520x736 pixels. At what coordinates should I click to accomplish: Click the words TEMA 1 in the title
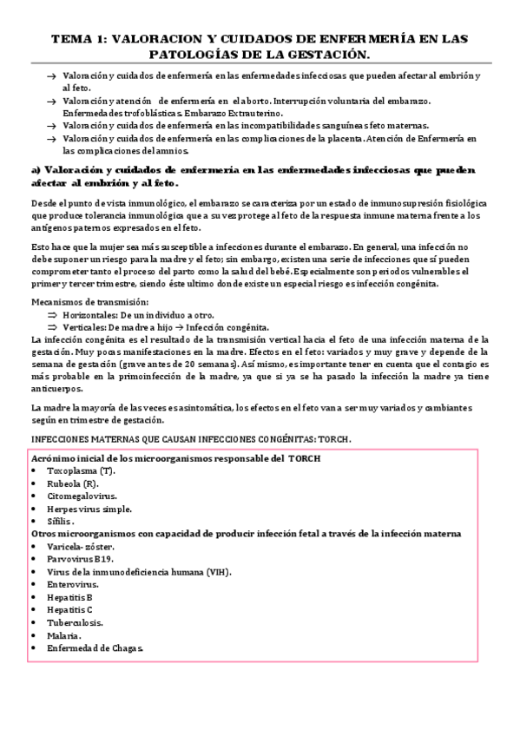[x=77, y=39]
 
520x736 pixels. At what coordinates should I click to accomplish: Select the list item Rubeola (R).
[x=74, y=483]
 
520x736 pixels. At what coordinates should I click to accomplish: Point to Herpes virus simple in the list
[x=89, y=509]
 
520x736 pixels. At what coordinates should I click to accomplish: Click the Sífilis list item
[x=63, y=521]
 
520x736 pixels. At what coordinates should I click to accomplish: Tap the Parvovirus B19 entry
[x=80, y=560]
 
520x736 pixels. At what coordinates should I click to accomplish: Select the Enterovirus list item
[x=73, y=585]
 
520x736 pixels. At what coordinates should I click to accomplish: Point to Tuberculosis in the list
[x=76, y=623]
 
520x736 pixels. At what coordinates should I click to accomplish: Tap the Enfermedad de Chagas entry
[x=95, y=648]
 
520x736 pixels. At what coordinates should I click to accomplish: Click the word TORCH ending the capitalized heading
[x=332, y=439]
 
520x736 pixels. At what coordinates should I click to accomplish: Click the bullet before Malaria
[x=33, y=635]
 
